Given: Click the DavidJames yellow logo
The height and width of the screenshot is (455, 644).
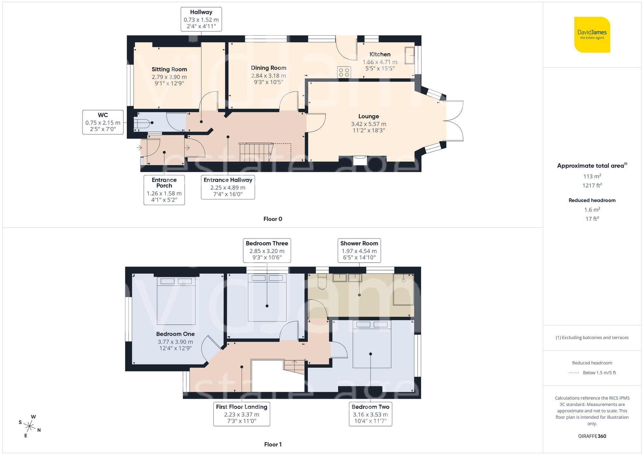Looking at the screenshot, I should pyautogui.click(x=592, y=35).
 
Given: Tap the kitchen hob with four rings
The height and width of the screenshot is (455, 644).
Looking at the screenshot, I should pyautogui.click(x=344, y=72).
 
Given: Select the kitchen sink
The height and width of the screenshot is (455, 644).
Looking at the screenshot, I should pyautogui.click(x=410, y=55).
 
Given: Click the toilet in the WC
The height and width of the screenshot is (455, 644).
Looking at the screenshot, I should pyautogui.click(x=142, y=123).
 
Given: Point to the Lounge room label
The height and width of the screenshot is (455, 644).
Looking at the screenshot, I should pyautogui.click(x=368, y=116).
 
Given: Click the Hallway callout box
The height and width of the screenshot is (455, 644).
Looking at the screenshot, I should pyautogui.click(x=201, y=19).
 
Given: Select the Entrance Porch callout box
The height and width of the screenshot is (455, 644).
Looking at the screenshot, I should pyautogui.click(x=164, y=190).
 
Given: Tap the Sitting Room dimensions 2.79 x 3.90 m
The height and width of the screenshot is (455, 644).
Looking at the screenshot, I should pyautogui.click(x=169, y=77).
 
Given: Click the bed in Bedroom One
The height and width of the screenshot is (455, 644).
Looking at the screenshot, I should pyautogui.click(x=176, y=301).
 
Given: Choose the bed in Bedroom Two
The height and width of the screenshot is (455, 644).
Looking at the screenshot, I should pyautogui.click(x=372, y=344).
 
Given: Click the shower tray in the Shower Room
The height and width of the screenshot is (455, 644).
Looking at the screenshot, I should pyautogui.click(x=403, y=289).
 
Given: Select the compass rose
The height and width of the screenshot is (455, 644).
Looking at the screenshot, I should pyautogui.click(x=30, y=426).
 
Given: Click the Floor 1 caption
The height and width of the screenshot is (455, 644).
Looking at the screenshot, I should pyautogui.click(x=273, y=444).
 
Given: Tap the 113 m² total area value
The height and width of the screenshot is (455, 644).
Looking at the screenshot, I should pyautogui.click(x=592, y=176).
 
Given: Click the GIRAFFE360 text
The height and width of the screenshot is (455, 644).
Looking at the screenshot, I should pyautogui.click(x=592, y=436).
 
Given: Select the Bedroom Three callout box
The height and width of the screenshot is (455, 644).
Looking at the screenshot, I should pyautogui.click(x=267, y=250).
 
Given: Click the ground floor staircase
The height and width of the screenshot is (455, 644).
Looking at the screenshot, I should pyautogui.click(x=256, y=152).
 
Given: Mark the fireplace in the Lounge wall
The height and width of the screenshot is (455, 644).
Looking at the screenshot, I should pyautogui.click(x=360, y=160).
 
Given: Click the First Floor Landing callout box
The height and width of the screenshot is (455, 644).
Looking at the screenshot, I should pyautogui.click(x=241, y=414).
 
